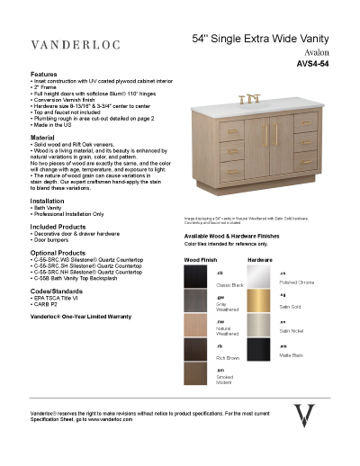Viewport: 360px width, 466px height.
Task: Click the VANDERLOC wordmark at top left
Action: click(76, 43)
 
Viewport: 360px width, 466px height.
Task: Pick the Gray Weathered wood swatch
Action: click(198, 303)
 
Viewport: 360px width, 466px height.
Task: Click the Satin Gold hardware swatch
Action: click(260, 303)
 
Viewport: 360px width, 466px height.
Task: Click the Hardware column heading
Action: click(260, 259)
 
